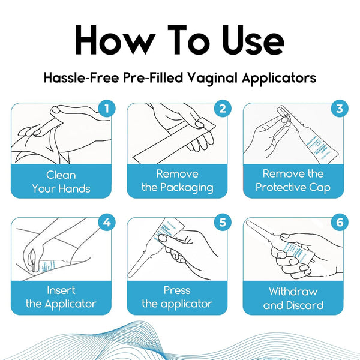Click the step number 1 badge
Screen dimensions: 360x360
tap(106, 109)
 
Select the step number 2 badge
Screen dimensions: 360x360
tap(222, 109)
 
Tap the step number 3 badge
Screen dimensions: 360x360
tap(338, 109)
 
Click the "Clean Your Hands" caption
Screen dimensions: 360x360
tap(61, 182)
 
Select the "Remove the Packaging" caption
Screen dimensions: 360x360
tap(177, 181)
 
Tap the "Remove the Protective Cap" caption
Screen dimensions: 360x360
tap(293, 181)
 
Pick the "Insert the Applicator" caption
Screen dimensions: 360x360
tap(61, 297)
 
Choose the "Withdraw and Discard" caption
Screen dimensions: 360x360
tap(293, 298)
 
